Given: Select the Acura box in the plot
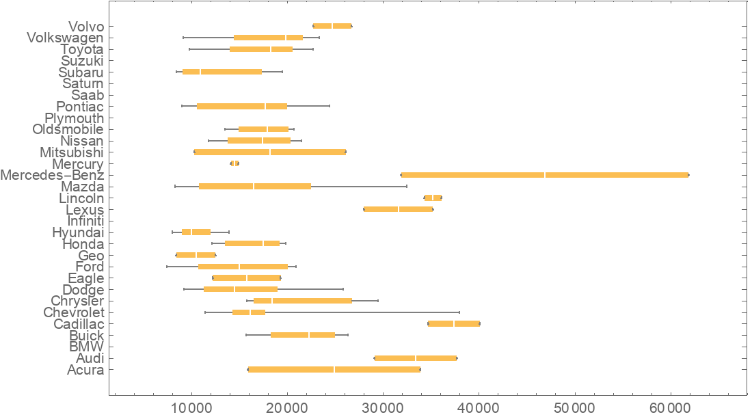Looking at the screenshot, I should tap(334, 369).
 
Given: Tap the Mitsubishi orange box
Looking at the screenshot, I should tap(270, 152).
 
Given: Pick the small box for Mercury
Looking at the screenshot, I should tap(234, 163).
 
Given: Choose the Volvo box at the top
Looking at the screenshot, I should tap(332, 26).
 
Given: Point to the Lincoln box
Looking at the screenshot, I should tap(433, 198).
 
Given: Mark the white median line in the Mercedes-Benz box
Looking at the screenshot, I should tap(545, 175).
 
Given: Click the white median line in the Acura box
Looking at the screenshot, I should tap(334, 369).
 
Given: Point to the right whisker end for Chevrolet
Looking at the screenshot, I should tap(459, 312).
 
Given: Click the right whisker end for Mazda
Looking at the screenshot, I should tap(407, 186).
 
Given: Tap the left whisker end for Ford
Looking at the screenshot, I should tap(167, 267).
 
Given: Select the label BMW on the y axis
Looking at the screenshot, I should tap(86, 347).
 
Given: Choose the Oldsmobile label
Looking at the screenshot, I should tap(68, 129).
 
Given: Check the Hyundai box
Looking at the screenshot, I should tap(196, 232).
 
